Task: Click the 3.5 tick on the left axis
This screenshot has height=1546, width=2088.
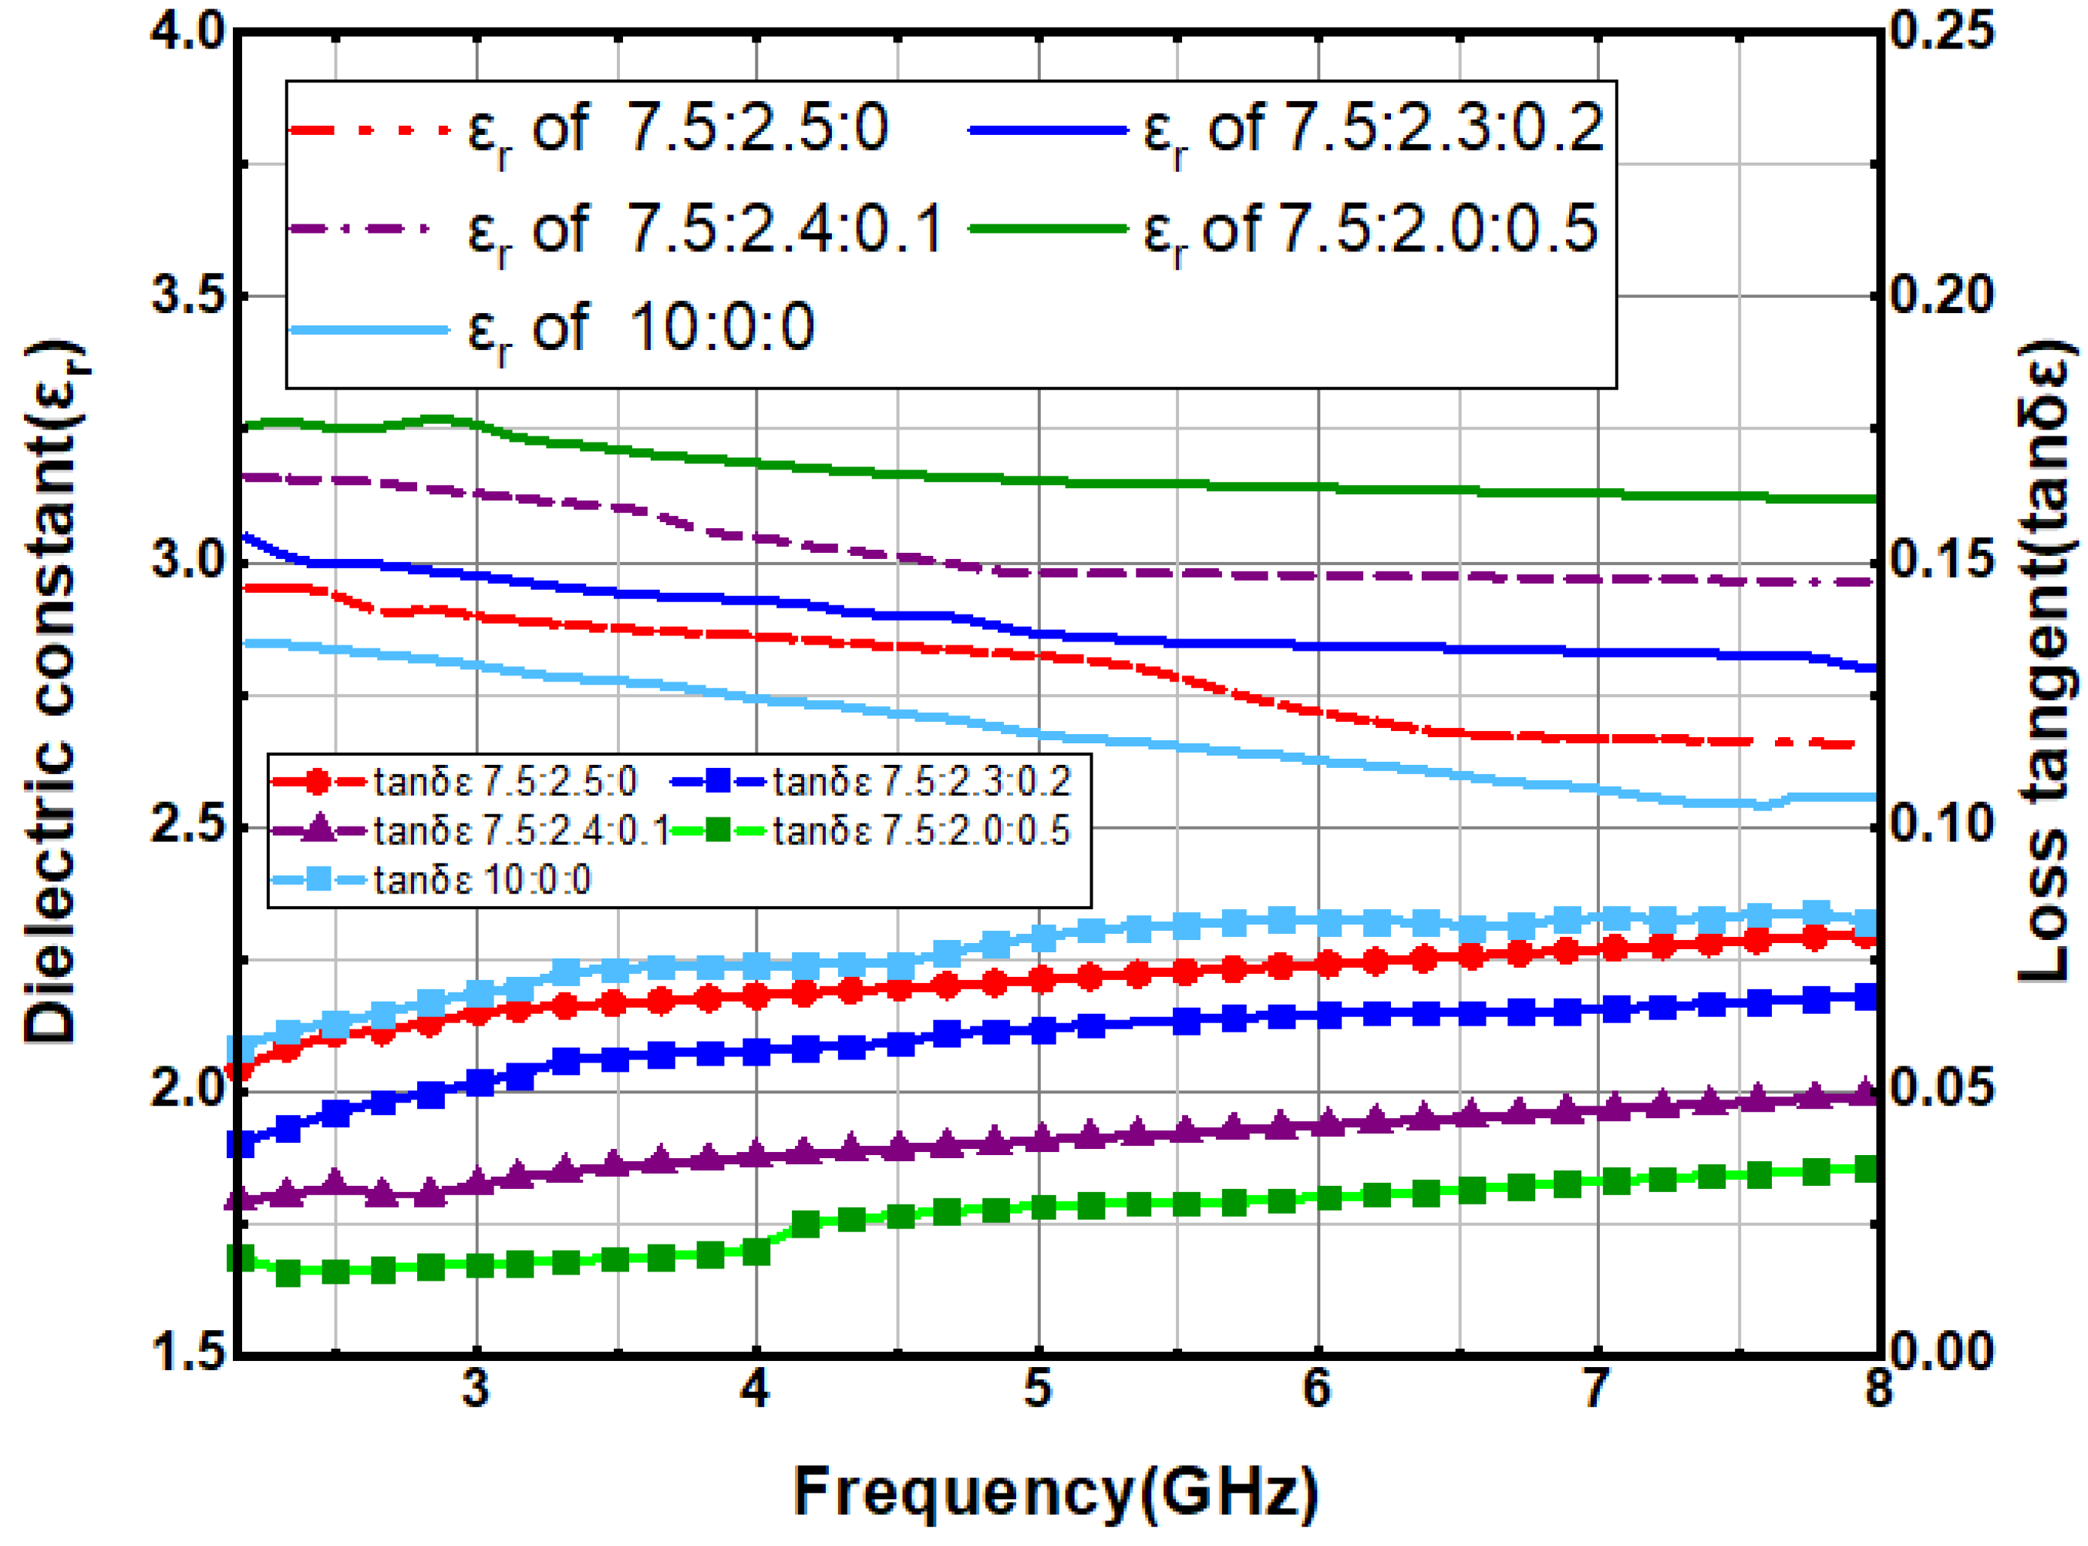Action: (x=189, y=296)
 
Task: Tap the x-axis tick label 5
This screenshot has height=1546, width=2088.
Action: (x=1037, y=1389)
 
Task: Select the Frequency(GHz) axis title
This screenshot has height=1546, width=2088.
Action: (x=1056, y=1492)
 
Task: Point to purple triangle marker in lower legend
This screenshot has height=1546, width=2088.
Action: (x=319, y=829)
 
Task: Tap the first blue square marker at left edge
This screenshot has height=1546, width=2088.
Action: (x=241, y=1144)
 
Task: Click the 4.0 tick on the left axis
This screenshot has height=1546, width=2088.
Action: (x=189, y=32)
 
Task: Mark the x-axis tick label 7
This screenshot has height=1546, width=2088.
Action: (x=1597, y=1389)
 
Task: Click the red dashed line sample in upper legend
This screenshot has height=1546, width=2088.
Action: (x=369, y=129)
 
